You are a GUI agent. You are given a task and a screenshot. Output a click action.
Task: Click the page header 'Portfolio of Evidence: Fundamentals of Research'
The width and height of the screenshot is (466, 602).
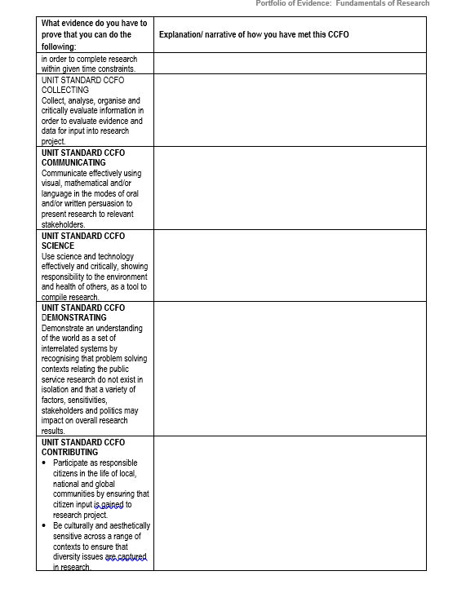tap(342, 4)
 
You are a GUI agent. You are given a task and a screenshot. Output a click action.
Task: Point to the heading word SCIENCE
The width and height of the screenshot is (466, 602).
tap(58, 246)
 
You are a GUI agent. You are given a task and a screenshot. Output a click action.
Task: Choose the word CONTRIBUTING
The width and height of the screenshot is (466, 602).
tap(69, 452)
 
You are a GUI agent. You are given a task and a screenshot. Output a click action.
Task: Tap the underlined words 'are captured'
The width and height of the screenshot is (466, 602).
tap(126, 556)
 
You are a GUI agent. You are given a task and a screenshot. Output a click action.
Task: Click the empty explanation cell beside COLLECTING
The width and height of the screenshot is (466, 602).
tap(290, 110)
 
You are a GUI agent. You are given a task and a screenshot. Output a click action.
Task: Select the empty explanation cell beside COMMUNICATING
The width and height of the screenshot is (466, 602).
tap(290, 188)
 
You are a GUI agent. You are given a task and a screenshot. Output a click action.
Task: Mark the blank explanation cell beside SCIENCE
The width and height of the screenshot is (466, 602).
tap(290, 266)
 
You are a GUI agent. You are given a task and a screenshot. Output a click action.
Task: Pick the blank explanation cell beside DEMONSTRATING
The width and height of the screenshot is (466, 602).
tap(290, 369)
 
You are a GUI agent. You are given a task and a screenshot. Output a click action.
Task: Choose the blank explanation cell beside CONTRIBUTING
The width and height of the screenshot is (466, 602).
tap(290, 502)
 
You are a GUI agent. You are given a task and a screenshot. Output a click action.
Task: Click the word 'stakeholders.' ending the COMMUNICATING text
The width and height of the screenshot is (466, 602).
tap(63, 224)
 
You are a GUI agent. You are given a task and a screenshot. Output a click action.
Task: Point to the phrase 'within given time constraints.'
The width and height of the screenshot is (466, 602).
tap(88, 69)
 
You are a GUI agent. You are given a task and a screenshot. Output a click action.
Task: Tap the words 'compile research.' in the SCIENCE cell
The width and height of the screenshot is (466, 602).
tap(70, 298)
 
